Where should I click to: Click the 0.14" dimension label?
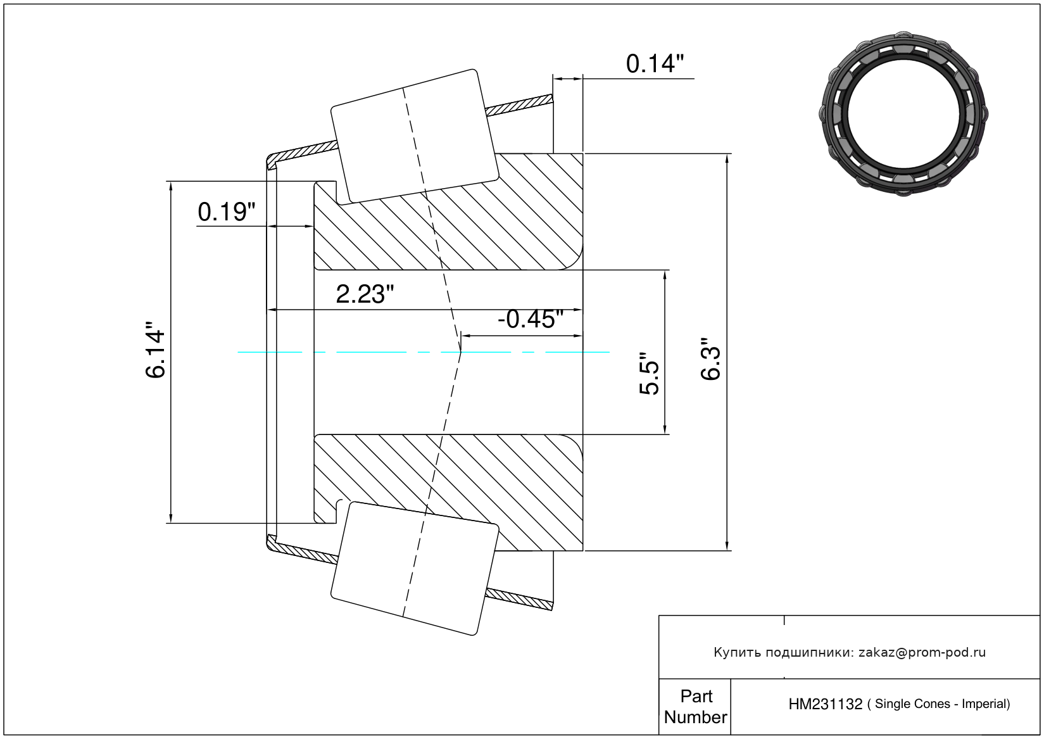[655, 64]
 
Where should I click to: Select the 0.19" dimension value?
[226, 212]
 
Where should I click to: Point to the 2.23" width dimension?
[364, 294]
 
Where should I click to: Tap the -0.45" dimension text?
[530, 319]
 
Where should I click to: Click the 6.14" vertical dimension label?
[156, 353]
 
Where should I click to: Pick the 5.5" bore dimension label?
[650, 374]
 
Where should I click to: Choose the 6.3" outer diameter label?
[711, 362]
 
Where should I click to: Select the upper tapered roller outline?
[415, 136]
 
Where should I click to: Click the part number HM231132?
[825, 704]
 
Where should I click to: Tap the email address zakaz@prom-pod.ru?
[922, 652]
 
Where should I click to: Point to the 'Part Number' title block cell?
[695, 707]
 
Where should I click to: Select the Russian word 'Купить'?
[737, 652]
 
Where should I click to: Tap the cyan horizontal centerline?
[380, 351]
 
